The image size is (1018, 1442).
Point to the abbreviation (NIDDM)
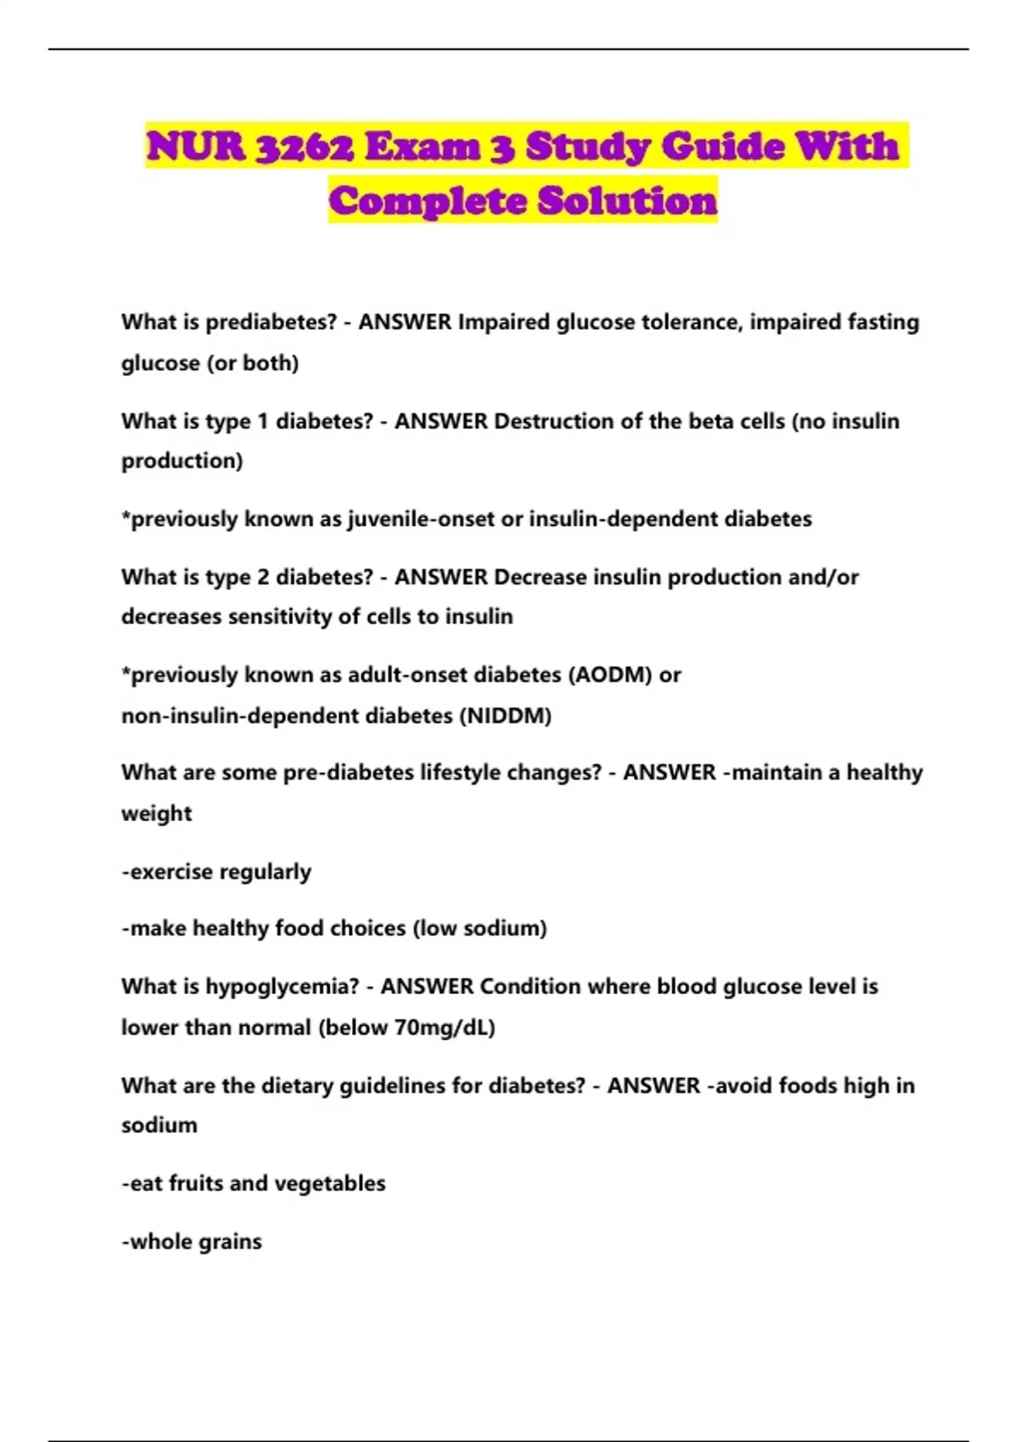click(506, 716)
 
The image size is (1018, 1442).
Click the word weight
click(157, 813)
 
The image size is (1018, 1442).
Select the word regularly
click(266, 872)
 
